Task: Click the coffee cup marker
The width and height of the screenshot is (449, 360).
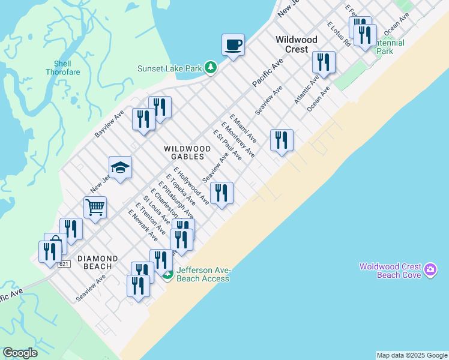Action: pyautogui.click(x=233, y=44)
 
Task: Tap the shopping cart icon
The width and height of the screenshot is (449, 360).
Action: pyautogui.click(x=95, y=208)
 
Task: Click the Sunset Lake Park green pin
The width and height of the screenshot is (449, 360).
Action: pyautogui.click(x=210, y=67)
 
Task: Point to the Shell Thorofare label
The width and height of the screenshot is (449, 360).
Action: pyautogui.click(x=58, y=68)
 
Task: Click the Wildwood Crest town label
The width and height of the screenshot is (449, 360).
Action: pyautogui.click(x=292, y=44)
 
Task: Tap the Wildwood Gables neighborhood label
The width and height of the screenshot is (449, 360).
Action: pyautogui.click(x=187, y=152)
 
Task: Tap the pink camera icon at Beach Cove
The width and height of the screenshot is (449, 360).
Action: pyautogui.click(x=430, y=270)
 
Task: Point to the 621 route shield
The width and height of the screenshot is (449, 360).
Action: pyautogui.click(x=65, y=264)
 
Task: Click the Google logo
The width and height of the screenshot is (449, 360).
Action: pyautogui.click(x=20, y=353)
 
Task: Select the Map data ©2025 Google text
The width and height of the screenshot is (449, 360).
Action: pyautogui.click(x=412, y=355)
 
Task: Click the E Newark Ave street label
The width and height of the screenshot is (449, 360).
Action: pyautogui.click(x=143, y=225)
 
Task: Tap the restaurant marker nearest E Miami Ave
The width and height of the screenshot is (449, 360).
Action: pyautogui.click(x=281, y=140)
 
